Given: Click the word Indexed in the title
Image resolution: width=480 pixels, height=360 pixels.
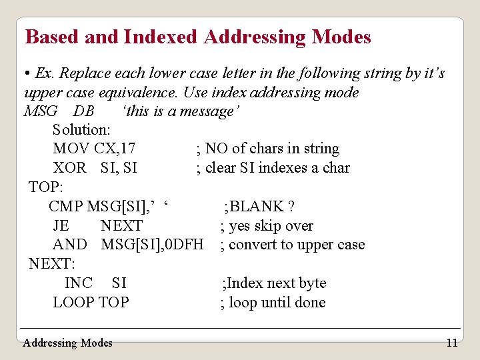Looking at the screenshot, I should [x=160, y=37].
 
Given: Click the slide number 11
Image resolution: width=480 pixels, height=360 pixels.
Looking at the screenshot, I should [x=451, y=343].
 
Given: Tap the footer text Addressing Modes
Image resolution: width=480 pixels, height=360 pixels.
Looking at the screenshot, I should [x=67, y=343].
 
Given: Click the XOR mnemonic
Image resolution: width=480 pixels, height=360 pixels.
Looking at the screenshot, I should [x=69, y=168].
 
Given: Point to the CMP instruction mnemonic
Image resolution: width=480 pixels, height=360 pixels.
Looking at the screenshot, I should [x=65, y=207].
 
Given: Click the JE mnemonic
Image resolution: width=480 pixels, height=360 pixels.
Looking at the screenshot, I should [x=61, y=226].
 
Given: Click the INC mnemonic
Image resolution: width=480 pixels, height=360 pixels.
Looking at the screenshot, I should [x=78, y=283].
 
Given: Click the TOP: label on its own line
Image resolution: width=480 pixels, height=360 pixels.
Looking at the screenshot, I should [x=45, y=187].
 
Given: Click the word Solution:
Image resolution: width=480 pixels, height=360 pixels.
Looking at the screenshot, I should [x=81, y=129].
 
